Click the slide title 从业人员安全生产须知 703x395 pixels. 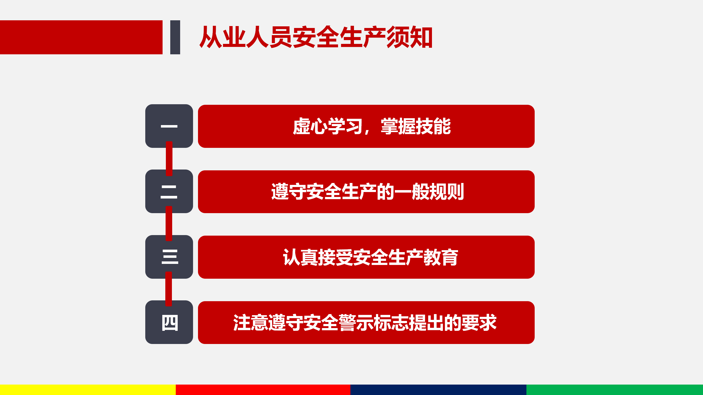coord(316,37)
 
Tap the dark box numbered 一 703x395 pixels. coord(169,126)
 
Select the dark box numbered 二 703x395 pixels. coord(169,191)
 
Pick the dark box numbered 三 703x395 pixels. coord(169,257)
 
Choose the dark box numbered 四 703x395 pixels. coord(169,322)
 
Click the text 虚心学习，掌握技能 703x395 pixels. coord(372,126)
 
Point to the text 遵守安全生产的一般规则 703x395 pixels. coord(367,192)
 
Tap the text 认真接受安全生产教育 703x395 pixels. coord(370,257)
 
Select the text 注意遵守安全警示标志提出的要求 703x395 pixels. coord(365,323)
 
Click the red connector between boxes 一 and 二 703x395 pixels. coord(169,159)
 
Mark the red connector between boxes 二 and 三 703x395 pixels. coord(169,224)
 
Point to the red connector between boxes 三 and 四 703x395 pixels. coord(169,289)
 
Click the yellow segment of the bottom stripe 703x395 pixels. coord(88,390)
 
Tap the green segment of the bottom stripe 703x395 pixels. coord(615,390)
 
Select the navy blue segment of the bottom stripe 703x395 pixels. coord(438,390)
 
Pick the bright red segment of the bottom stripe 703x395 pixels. coord(263,390)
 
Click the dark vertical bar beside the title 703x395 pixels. coord(175,37)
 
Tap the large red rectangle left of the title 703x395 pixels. coord(81,37)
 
